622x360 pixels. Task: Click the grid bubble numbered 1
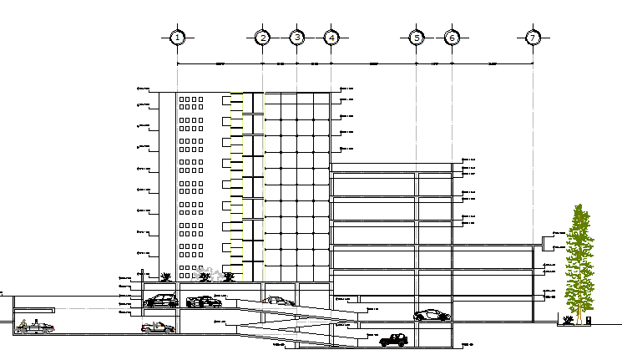177,38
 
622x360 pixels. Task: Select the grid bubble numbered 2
262,38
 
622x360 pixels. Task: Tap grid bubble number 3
296,38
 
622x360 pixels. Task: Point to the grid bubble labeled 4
331,38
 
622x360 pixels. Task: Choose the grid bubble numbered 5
417,38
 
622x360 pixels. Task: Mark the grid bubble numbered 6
452,38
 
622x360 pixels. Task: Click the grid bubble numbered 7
533,38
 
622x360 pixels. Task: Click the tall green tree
578,259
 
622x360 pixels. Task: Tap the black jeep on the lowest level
393,340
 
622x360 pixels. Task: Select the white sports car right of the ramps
430,315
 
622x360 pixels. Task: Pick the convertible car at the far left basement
34,327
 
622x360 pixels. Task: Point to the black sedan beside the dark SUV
203,302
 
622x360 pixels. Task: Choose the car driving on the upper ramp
278,301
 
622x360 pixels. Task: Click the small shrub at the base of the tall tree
568,319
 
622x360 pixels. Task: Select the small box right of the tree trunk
589,318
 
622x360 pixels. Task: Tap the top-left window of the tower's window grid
183,99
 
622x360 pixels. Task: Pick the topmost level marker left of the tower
143,89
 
